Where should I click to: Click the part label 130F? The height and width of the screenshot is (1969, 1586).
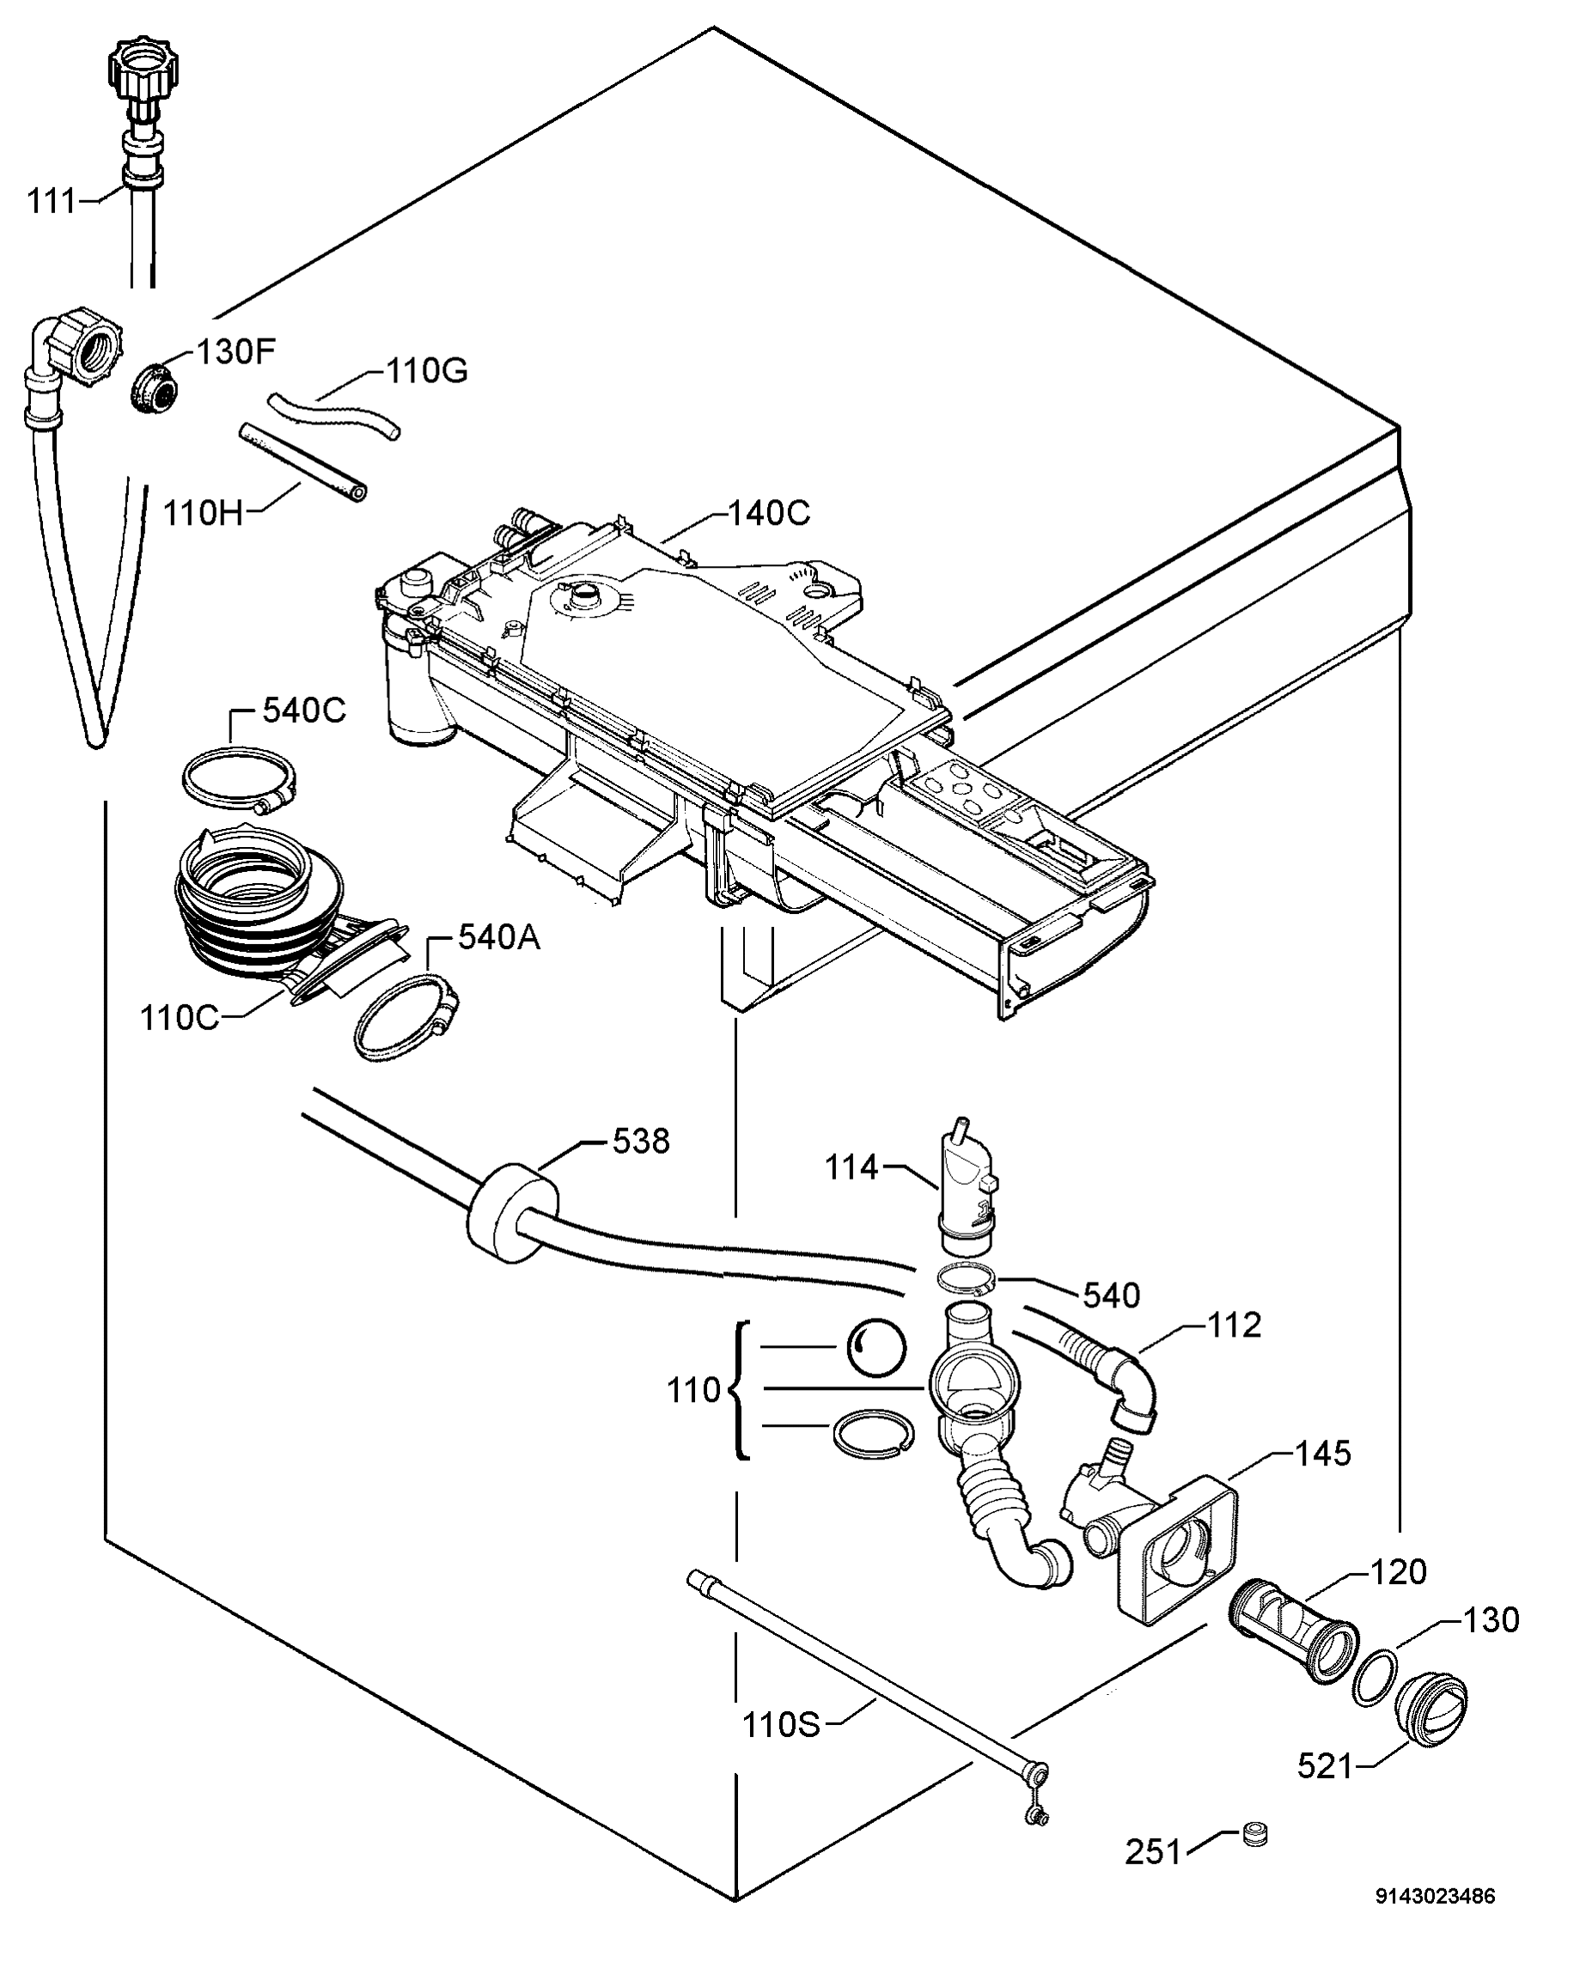[x=235, y=351]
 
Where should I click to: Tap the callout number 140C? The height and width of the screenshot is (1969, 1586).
[x=768, y=515]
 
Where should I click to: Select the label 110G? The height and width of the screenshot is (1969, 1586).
[x=427, y=372]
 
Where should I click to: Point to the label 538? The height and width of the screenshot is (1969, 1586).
[x=640, y=1142]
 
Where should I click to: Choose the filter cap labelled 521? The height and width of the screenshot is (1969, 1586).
[x=1431, y=1706]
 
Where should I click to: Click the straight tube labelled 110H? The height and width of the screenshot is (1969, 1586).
[x=302, y=461]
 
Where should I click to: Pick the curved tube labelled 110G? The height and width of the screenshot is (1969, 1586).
[x=333, y=416]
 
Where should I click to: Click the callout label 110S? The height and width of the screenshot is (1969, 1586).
[x=780, y=1725]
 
